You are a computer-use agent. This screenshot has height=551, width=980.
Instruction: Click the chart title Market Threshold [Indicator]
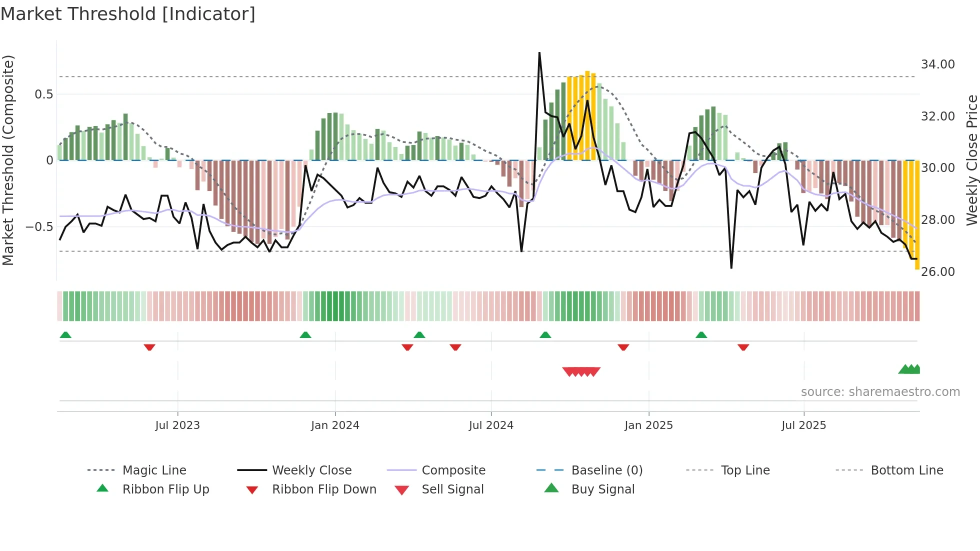click(128, 14)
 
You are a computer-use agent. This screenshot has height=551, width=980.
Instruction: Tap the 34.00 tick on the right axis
click(937, 64)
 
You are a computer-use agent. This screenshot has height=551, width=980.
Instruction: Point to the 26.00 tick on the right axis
click(937, 272)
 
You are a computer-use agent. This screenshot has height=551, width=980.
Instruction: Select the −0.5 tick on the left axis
click(39, 227)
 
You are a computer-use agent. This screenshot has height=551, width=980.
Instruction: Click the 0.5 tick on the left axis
click(43, 94)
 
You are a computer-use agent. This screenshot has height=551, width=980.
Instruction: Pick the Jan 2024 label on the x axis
click(335, 425)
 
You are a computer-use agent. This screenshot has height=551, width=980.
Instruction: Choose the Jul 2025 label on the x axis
click(803, 425)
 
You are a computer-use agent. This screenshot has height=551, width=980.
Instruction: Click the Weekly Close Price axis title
click(971, 160)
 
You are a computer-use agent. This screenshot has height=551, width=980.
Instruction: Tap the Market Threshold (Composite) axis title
click(8, 160)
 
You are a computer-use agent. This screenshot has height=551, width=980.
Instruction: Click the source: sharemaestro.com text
click(880, 392)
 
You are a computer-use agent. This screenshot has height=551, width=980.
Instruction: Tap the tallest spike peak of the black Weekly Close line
click(539, 53)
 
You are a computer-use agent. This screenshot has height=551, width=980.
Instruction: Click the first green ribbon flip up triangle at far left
click(65, 335)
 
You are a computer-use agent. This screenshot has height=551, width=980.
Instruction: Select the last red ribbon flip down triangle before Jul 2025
click(743, 347)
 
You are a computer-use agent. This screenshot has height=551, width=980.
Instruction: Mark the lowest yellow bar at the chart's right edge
click(917, 215)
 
